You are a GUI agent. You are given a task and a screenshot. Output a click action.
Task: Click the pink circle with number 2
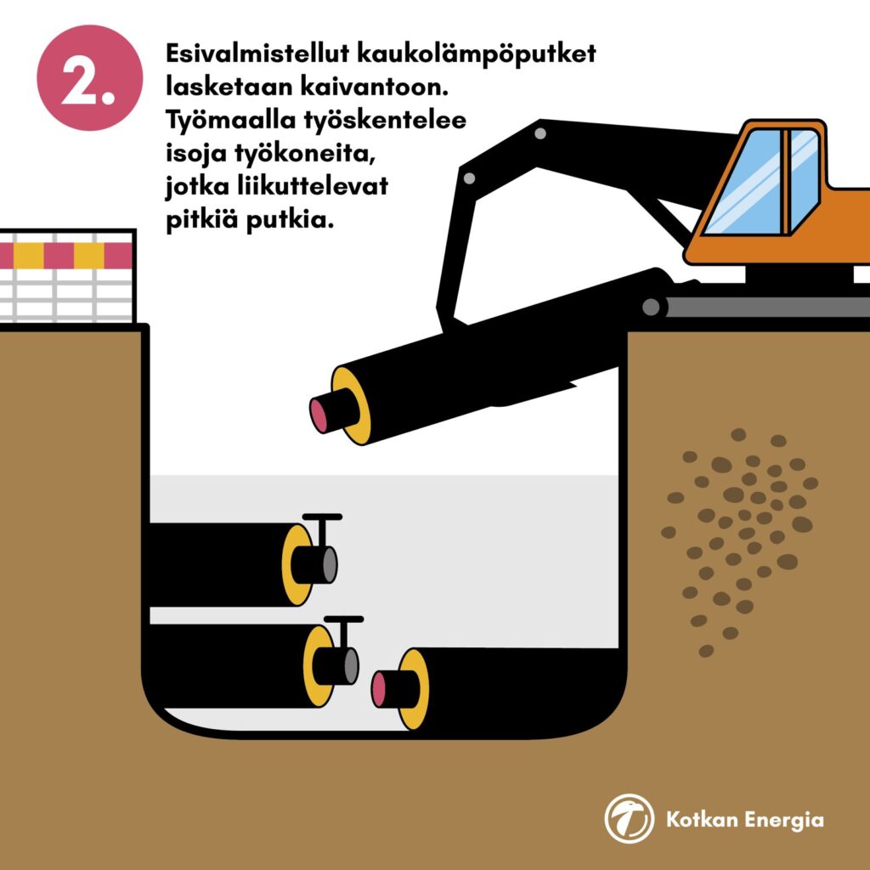[89, 77]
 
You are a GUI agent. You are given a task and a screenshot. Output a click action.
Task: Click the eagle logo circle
[630, 818]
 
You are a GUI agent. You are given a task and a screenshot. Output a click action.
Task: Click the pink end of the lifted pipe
[319, 415]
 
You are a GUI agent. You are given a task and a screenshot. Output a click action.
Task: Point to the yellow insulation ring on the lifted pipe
[352, 405]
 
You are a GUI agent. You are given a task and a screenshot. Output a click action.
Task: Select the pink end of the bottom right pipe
[378, 689]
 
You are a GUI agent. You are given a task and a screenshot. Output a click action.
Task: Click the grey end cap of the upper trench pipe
[330, 565]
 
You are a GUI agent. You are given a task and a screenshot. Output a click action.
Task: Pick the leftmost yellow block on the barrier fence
[28, 256]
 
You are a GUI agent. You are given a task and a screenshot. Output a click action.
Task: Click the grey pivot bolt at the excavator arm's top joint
[540, 133]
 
